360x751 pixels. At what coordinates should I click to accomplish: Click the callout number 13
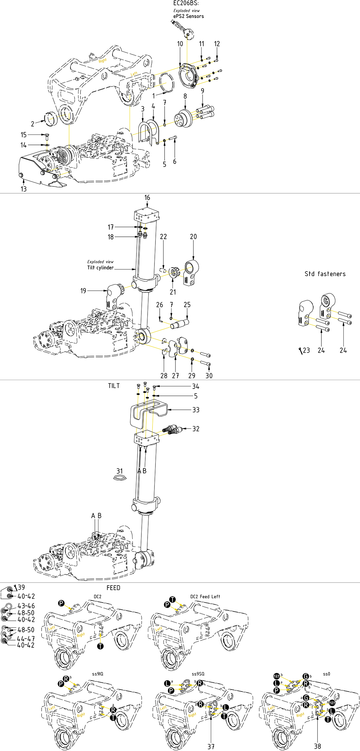coord(24,189)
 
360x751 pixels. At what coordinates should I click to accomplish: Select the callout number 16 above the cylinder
coord(147,198)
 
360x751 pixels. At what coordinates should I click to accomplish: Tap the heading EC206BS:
coord(186,3)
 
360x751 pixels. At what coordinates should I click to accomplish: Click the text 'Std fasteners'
coord(325,274)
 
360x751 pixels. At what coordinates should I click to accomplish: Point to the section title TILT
coord(114,386)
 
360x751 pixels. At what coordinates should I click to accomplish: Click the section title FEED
coord(114,588)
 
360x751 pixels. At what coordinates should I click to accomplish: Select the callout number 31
coord(120,471)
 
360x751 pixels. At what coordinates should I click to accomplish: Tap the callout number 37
coord(211,746)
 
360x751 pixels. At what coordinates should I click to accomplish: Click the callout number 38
coord(317,746)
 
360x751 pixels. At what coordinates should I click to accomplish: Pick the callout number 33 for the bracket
coord(196,410)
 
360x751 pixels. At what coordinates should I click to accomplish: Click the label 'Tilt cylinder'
coord(100,268)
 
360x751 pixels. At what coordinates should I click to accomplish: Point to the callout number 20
coord(193,236)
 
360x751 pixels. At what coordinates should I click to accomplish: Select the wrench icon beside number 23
coord(300,351)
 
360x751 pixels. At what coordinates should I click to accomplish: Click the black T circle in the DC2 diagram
coord(100,646)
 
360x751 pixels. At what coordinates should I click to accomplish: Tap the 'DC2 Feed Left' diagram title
coord(205,597)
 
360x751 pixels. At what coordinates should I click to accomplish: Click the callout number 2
coord(32,124)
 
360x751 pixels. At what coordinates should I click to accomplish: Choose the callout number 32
coord(196,429)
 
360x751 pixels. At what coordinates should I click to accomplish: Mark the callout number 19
coord(83,290)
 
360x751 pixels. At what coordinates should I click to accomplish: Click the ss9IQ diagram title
coord(98,674)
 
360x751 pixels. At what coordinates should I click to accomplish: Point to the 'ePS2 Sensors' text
coord(189,16)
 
